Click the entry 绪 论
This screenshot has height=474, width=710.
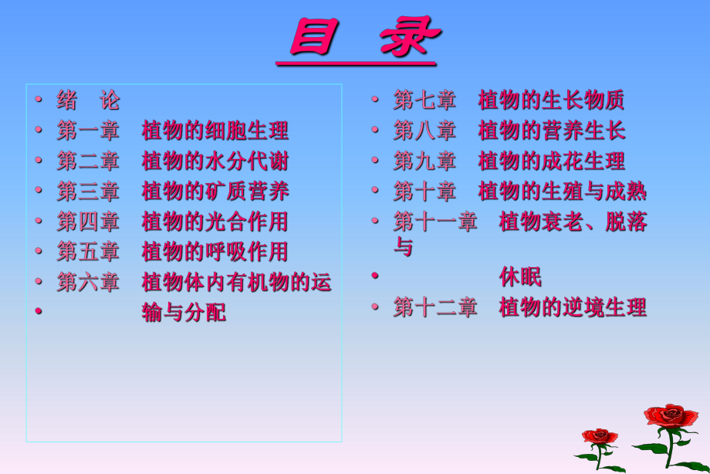click(88, 100)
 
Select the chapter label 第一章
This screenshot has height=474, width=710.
click(88, 130)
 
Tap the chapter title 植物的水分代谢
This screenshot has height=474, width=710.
click(215, 161)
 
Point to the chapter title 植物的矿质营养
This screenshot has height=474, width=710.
click(215, 191)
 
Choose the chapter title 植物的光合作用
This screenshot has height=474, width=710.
click(215, 222)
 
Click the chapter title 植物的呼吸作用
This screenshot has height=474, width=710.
click(215, 252)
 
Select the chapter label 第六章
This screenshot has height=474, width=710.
click(88, 282)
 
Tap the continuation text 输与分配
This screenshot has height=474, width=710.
click(184, 313)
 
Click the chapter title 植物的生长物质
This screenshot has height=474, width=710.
click(551, 100)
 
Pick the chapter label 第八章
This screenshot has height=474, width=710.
click(424, 130)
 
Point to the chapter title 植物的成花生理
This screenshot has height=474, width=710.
click(551, 161)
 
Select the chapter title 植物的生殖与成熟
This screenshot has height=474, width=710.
click(562, 191)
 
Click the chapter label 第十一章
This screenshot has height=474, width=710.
click(435, 222)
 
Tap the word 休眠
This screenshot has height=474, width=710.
click(520, 276)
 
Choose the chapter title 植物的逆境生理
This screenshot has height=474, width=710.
click(573, 307)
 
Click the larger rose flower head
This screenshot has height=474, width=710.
click(671, 417)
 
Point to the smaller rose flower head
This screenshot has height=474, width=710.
click(600, 437)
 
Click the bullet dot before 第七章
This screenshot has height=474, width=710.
click(374, 100)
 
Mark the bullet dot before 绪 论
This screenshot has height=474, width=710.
click(38, 100)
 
